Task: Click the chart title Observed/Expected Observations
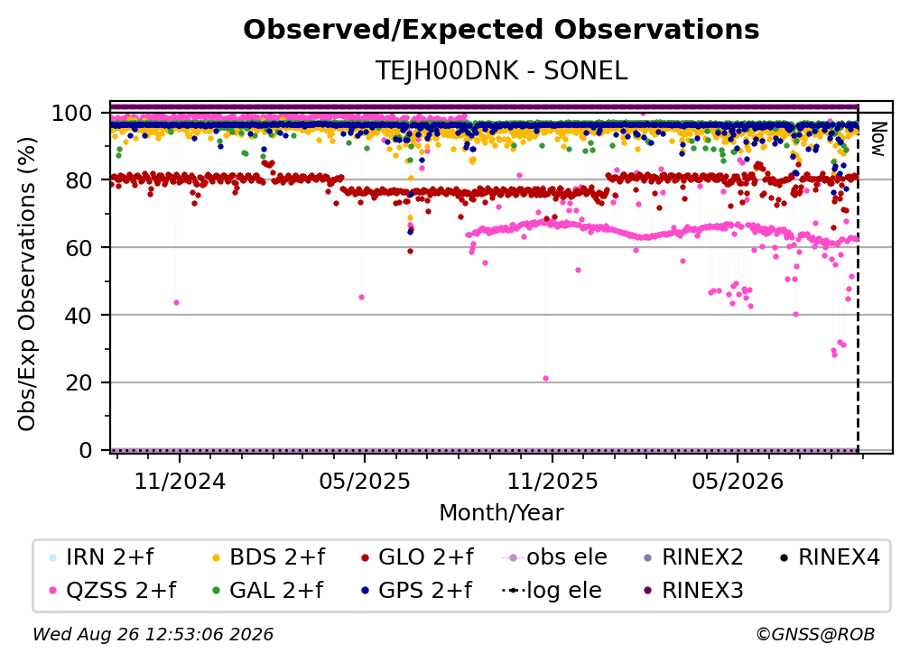[x=501, y=30]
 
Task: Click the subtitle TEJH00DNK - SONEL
[x=501, y=70]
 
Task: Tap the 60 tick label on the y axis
[x=79, y=248]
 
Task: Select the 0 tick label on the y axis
[x=85, y=450]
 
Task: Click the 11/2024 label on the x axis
[x=180, y=482]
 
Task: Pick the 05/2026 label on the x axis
[x=737, y=482]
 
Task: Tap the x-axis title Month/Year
[x=501, y=513]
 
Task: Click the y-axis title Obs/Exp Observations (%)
[x=27, y=284]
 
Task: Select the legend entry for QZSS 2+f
[x=113, y=590]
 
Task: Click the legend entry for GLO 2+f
[x=417, y=557]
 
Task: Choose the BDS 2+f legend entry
[x=269, y=557]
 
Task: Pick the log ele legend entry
[x=552, y=590]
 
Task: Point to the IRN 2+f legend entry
[x=101, y=557]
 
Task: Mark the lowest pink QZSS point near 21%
[x=545, y=379]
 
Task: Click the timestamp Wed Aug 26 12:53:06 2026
[x=153, y=635]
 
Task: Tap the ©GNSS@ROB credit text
[x=815, y=635]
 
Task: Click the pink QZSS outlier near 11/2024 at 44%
[x=176, y=303]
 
